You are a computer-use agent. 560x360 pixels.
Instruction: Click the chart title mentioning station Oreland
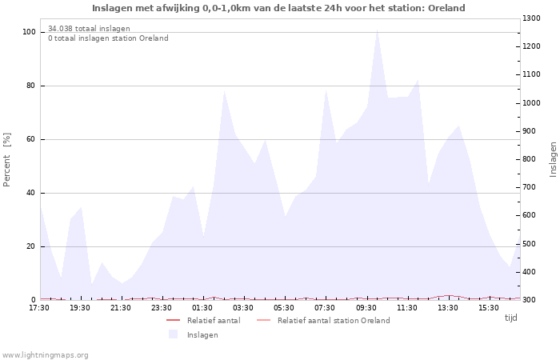pyautogui.click(x=278, y=8)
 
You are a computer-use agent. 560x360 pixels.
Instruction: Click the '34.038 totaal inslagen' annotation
pyautogui.click(x=89, y=29)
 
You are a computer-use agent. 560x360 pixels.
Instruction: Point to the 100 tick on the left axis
pyautogui.click(x=29, y=32)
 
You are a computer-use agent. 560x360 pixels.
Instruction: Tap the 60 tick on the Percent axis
pyautogui.click(x=30, y=139)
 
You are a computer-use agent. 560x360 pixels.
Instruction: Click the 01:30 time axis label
pyautogui.click(x=202, y=307)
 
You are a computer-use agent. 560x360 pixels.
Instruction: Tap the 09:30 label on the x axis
pyautogui.click(x=366, y=307)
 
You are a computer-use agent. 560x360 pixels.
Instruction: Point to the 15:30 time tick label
pyautogui.click(x=489, y=307)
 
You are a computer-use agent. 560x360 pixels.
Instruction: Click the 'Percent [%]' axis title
pyautogui.click(x=7, y=160)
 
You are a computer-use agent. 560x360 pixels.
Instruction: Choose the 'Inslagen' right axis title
pyautogui.click(x=553, y=159)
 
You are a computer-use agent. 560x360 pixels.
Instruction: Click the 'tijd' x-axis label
pyautogui.click(x=510, y=318)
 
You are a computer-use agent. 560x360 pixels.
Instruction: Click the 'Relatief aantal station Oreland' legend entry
pyautogui.click(x=334, y=320)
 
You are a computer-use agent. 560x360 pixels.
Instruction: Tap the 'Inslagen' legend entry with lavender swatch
pyautogui.click(x=202, y=334)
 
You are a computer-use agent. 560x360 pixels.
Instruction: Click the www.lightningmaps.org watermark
pyautogui.click(x=45, y=354)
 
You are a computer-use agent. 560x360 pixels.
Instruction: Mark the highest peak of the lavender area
pyautogui.click(x=377, y=30)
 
